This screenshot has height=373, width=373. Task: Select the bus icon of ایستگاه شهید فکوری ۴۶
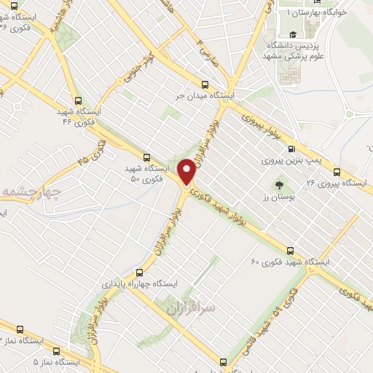pyautogui.click(x=78, y=101)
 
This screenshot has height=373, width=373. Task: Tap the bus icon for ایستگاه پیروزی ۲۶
pyautogui.click(x=336, y=172)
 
